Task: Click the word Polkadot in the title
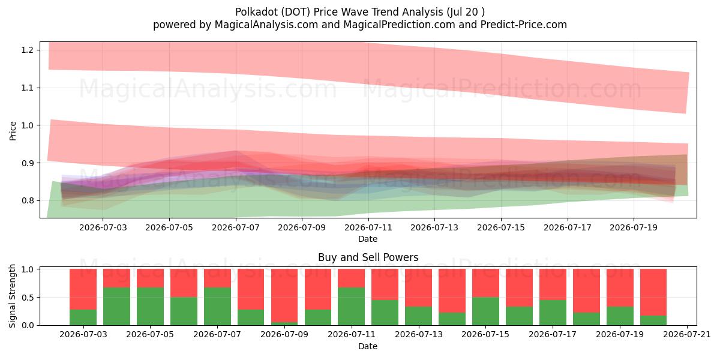[256, 12]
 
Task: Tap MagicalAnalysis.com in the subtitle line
[266, 25]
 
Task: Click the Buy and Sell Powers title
[368, 257]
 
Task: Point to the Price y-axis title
[13, 131]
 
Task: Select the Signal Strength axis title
[12, 296]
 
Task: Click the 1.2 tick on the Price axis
[28, 50]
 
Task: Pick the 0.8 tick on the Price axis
[28, 200]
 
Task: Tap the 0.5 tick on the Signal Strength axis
[28, 298]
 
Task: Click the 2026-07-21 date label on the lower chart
[687, 334]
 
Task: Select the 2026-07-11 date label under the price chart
[368, 227]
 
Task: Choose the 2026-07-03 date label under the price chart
[103, 227]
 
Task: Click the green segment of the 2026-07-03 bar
[83, 317]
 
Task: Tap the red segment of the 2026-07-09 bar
[284, 295]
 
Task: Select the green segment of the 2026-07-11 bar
[352, 307]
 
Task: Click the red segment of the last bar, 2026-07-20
[653, 292]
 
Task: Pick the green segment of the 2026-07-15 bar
[485, 311]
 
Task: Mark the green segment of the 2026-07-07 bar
[218, 307]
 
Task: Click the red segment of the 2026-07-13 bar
[419, 287]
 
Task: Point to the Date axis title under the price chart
[368, 239]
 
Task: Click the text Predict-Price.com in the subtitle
[524, 25]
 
